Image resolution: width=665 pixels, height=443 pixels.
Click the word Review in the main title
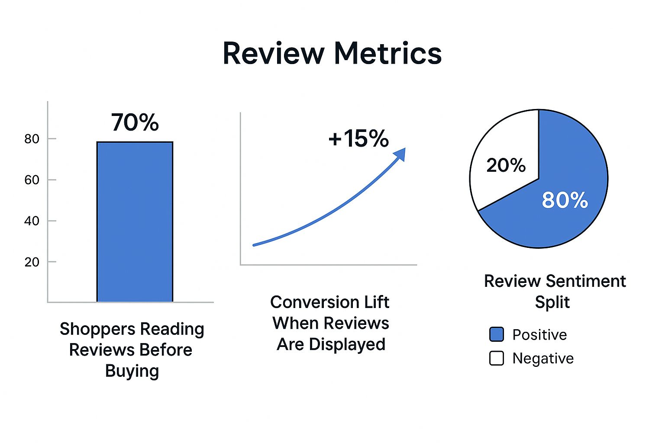pos(273,54)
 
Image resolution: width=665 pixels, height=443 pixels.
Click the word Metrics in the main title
pos(388,54)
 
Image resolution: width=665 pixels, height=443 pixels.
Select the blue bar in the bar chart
pos(135,221)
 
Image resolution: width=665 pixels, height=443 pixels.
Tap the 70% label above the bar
pos(135,122)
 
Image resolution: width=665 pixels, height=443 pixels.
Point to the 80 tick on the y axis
pos(32,139)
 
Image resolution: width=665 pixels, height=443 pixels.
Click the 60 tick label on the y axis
pos(32,180)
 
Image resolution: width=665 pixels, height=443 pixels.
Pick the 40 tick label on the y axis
pos(32,221)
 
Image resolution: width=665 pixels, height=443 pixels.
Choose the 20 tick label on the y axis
pos(32,262)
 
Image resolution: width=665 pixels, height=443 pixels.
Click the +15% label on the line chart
pos(358,139)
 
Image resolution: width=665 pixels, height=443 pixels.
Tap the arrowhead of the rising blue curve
pos(400,153)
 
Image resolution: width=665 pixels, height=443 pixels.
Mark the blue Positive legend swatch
pos(497,334)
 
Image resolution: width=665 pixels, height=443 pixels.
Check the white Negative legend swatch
pos(497,358)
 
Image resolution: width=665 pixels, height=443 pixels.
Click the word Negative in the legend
pos(543,358)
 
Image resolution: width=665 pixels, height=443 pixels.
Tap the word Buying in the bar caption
pos(132,371)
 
